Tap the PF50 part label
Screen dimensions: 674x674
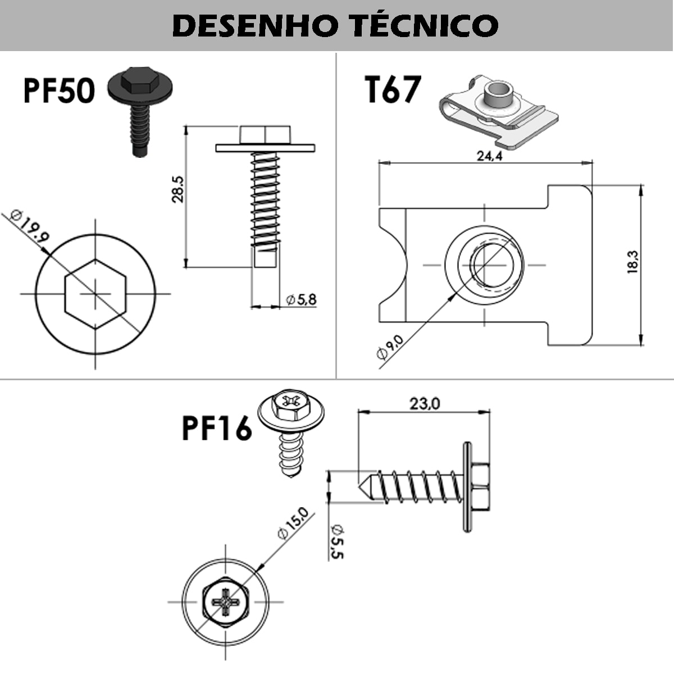58,91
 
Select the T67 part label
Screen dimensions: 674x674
393,90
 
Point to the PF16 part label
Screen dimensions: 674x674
217,429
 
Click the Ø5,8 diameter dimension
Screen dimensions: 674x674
301,300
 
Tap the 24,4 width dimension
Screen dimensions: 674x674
489,156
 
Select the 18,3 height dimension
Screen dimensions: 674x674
634,262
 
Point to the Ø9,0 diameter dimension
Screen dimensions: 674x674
390,347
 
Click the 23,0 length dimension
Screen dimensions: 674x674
425,404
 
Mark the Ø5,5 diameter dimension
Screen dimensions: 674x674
337,541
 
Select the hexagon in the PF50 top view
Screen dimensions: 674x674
95,294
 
